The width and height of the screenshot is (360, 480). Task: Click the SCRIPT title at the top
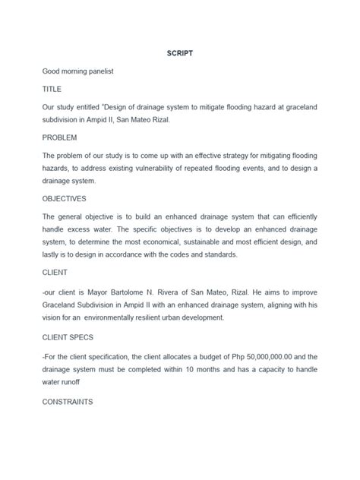179,54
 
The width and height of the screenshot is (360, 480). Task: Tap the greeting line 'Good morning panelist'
79,72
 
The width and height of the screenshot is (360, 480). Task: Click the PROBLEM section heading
60,138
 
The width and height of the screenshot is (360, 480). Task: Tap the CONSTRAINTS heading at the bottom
68,401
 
